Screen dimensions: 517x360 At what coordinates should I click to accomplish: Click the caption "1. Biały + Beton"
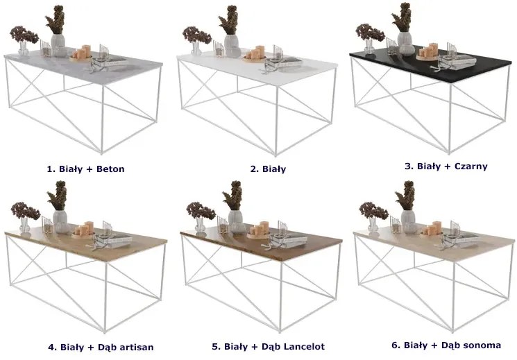coord(86,169)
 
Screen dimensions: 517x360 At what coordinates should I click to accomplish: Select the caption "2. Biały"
coord(268,169)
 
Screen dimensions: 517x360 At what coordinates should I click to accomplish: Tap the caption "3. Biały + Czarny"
coord(446,166)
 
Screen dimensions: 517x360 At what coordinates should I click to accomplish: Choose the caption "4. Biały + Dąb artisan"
coord(101,347)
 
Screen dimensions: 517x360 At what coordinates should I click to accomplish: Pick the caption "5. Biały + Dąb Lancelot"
coord(268,347)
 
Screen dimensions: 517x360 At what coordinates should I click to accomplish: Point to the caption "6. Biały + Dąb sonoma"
coord(446,345)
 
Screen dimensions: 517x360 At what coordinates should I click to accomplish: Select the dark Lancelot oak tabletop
coord(260,242)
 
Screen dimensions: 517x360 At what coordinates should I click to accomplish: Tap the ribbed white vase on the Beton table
coord(58,45)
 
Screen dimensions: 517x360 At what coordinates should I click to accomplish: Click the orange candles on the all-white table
coord(256,53)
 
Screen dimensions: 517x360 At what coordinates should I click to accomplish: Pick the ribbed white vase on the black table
coord(405,43)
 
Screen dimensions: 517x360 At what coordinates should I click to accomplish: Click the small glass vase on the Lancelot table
coord(200,224)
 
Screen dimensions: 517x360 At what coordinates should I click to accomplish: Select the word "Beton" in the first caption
coord(110,169)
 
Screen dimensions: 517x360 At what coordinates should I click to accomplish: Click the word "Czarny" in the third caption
coord(471,166)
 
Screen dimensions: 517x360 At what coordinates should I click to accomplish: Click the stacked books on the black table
coord(459,62)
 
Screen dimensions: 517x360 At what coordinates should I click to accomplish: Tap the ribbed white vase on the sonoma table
coord(408,221)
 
